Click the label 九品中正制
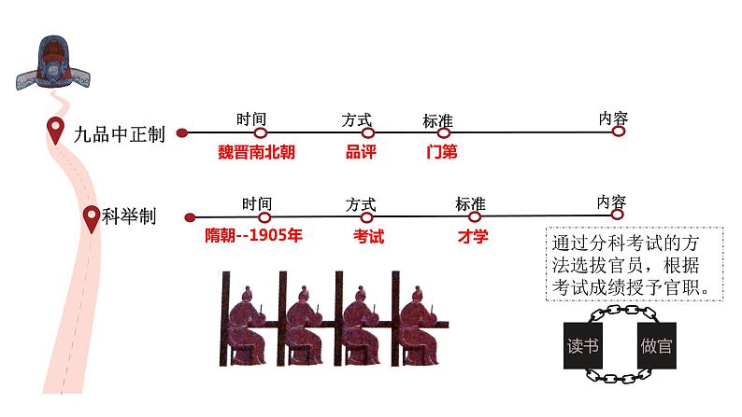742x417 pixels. tap(119, 134)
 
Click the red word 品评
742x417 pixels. tap(361, 152)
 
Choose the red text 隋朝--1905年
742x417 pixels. tap(253, 236)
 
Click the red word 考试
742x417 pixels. tap(368, 236)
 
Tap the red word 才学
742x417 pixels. tap(472, 236)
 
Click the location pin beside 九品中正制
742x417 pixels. tap(57, 132)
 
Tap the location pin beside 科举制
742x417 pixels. tap(91, 218)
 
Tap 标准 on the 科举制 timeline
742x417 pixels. tap(470, 203)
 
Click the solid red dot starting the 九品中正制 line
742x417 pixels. tap(181, 133)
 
